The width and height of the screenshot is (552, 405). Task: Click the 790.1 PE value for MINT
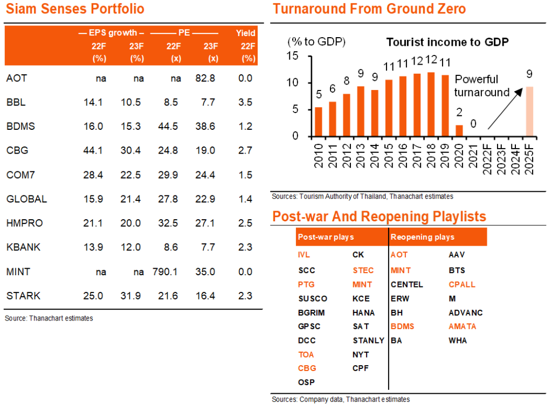(165, 272)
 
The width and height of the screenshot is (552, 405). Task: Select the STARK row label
(23, 296)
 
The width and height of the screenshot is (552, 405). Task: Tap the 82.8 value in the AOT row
(205, 78)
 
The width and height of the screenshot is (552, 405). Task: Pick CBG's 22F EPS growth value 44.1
(93, 150)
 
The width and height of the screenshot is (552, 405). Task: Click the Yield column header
(245, 33)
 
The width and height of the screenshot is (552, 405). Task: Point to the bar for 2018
(431, 104)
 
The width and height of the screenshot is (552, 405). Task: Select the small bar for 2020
(459, 131)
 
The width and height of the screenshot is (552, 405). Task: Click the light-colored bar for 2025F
(529, 111)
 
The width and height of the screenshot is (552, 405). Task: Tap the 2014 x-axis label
(375, 156)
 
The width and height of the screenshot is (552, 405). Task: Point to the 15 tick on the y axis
(293, 56)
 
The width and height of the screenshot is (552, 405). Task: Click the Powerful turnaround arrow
(505, 109)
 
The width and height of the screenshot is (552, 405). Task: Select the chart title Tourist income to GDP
(447, 42)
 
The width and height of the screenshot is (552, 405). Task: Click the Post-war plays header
(326, 237)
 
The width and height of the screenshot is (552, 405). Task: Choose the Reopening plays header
(423, 237)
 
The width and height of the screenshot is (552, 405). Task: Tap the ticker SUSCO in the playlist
(313, 299)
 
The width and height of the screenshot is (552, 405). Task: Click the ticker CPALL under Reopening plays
(462, 284)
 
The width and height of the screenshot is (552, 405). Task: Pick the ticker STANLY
(368, 341)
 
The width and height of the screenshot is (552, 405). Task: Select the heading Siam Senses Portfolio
(75, 9)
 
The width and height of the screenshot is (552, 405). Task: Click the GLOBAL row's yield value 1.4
(245, 199)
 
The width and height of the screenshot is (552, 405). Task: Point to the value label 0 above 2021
(473, 124)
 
